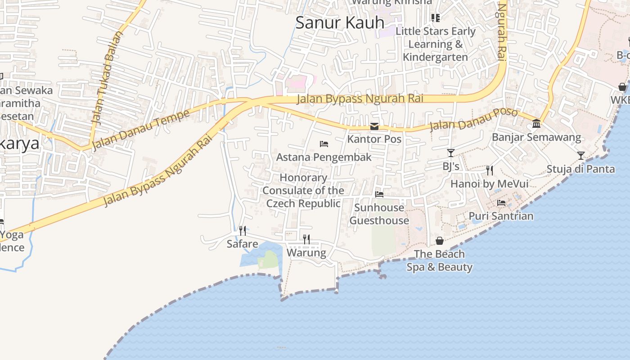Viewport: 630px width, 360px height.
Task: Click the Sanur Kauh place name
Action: (x=340, y=22)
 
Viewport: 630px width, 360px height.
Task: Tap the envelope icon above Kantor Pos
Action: (x=374, y=126)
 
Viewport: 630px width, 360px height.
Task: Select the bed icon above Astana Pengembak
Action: (x=324, y=144)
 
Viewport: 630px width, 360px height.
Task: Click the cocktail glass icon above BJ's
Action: (x=451, y=153)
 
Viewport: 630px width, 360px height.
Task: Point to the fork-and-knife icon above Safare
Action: (x=243, y=231)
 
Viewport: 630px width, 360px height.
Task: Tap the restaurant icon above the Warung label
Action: (x=306, y=239)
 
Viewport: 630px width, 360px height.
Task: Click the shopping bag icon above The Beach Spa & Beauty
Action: (x=440, y=241)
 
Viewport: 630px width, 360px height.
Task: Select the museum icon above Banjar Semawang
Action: (x=536, y=123)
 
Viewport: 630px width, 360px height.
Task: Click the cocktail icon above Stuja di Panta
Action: (x=581, y=156)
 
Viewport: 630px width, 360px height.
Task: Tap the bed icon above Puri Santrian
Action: (x=501, y=203)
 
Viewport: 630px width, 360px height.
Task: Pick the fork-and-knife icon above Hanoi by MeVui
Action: (x=490, y=170)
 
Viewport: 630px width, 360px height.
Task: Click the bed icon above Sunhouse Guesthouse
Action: (x=379, y=194)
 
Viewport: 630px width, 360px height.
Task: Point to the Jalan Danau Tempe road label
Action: (x=140, y=130)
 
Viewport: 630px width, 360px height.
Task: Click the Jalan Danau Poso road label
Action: (x=473, y=118)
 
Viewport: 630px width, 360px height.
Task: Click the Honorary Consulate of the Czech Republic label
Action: (x=303, y=190)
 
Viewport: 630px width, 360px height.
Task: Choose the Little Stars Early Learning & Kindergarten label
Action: (x=435, y=44)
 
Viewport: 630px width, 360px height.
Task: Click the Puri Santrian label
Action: (x=501, y=216)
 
